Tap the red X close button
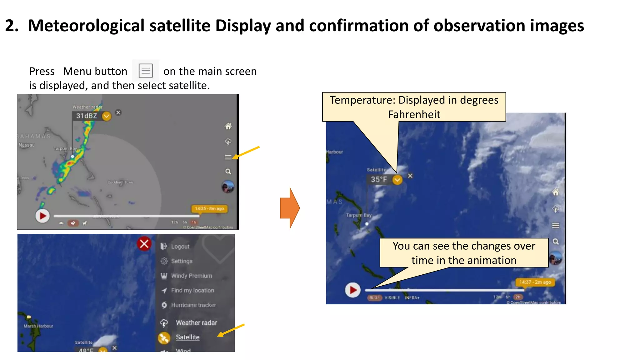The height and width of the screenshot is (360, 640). (144, 244)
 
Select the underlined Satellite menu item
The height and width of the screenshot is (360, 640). (187, 337)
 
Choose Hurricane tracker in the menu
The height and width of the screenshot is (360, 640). (193, 305)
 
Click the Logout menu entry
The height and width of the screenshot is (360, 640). (180, 247)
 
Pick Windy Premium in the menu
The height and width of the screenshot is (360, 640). (191, 276)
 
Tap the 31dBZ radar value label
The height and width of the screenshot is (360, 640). (87, 116)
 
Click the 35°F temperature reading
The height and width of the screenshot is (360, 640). (379, 180)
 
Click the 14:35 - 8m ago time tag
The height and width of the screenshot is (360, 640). (209, 208)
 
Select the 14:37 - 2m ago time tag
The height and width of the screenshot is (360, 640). (535, 282)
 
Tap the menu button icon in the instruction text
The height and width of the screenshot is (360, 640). (146, 71)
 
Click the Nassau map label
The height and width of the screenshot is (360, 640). (27, 145)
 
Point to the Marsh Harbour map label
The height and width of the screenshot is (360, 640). (38, 326)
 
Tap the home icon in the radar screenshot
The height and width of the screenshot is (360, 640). (228, 126)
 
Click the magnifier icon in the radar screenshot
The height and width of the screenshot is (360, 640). (228, 172)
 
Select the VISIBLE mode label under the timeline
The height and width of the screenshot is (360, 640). (392, 298)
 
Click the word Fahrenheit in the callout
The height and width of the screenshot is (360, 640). (414, 114)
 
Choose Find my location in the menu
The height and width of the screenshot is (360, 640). (192, 291)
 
